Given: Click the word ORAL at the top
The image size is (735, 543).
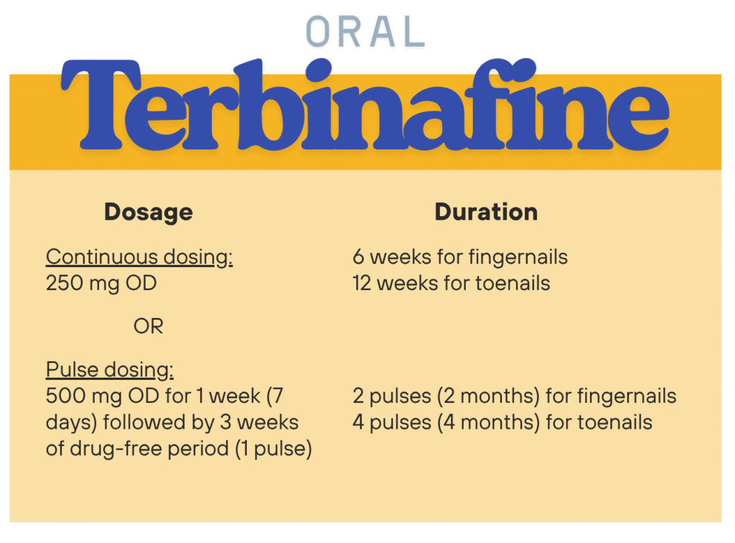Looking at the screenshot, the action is [365, 32].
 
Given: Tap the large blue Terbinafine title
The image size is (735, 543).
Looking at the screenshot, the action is [365, 105].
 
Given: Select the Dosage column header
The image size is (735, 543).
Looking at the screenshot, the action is [149, 212].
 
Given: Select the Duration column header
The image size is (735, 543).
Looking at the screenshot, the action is [486, 211].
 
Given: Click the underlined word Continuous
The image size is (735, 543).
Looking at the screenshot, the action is [102, 256].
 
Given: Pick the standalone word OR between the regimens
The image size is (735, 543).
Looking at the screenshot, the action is [149, 326].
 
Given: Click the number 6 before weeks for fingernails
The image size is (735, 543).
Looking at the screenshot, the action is [359, 257].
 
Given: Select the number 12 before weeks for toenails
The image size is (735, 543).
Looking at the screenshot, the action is [362, 283].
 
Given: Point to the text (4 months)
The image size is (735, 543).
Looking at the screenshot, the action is [489, 422].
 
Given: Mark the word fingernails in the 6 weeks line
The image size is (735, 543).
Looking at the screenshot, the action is [518, 257].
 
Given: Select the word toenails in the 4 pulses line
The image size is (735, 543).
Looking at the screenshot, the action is [614, 422].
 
